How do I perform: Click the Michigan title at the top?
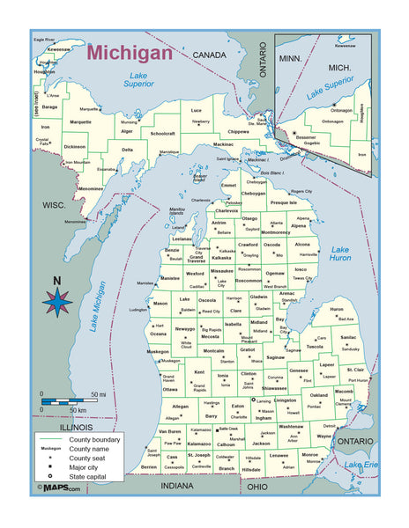(130, 52)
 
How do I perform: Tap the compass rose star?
(57, 302)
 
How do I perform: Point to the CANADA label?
(210, 55)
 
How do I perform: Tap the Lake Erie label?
(360, 464)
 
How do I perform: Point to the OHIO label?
(257, 485)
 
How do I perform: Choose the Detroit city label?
(329, 426)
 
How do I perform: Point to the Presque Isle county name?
(284, 202)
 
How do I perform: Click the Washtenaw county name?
(291, 426)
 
